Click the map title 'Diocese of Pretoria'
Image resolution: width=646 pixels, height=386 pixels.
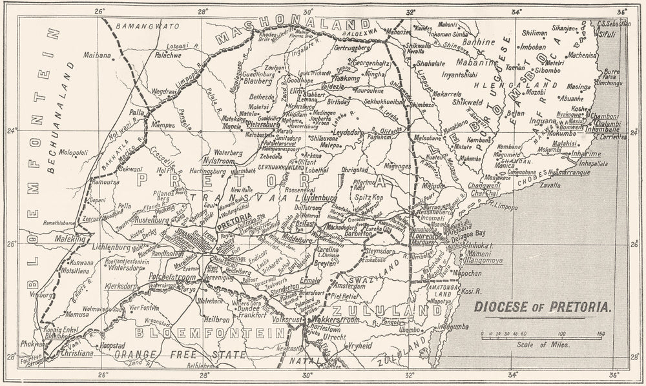(x=543, y=309)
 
